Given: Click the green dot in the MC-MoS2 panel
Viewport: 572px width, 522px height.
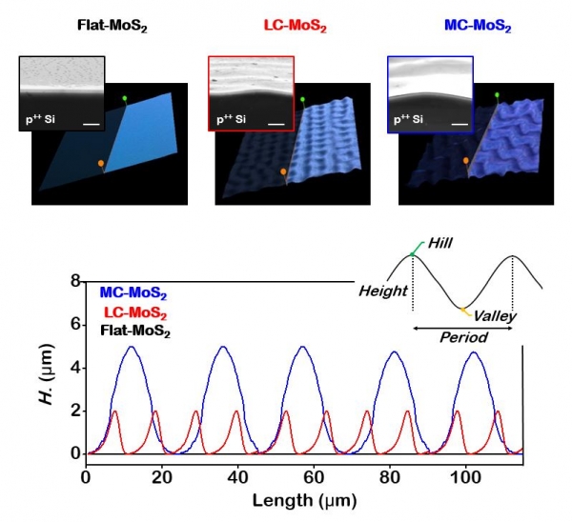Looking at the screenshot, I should [497, 95].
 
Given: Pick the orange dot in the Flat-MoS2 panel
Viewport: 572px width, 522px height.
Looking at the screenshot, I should [101, 164].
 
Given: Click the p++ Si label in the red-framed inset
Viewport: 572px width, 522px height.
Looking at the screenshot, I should [233, 120].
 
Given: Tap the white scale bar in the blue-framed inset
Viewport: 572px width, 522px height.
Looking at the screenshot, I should [460, 123].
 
